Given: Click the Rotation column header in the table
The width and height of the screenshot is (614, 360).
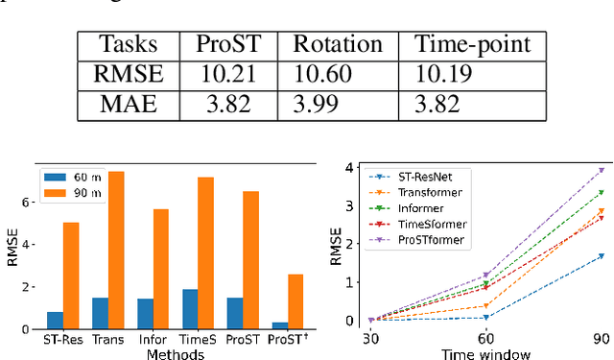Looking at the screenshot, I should click(338, 43).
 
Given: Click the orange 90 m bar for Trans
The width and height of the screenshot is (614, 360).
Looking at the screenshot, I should click(116, 251).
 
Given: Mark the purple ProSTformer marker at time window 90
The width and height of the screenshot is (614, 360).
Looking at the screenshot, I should click(602, 170).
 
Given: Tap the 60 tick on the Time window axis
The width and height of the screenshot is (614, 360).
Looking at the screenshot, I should click(485, 340).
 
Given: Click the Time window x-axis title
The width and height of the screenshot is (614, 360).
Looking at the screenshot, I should click(485, 354).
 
